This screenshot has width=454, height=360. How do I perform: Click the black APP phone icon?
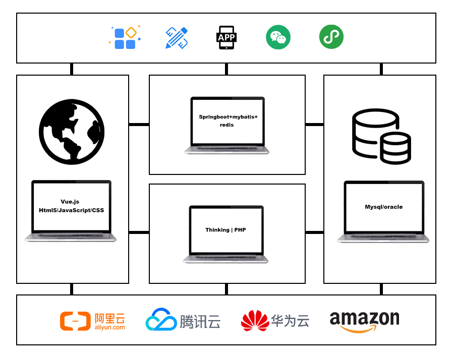(x=226, y=38)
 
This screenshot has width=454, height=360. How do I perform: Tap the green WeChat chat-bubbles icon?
(x=278, y=37)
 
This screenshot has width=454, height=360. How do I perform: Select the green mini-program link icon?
(x=331, y=37)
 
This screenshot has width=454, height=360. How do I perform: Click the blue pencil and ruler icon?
(x=177, y=38)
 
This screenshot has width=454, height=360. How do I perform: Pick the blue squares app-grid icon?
(x=125, y=37)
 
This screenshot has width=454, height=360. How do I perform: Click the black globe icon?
(x=72, y=132)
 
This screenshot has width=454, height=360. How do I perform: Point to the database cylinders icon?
(x=381, y=137)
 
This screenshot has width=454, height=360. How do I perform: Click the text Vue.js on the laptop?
(x=70, y=202)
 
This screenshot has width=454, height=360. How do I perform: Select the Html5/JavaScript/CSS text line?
(x=71, y=210)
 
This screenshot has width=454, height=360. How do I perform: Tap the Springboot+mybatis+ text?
(x=228, y=117)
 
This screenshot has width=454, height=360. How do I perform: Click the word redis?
(x=226, y=125)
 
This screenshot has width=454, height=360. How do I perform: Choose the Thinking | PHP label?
(x=225, y=230)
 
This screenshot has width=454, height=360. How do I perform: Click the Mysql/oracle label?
(x=384, y=207)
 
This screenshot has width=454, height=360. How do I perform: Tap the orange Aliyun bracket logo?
(x=75, y=321)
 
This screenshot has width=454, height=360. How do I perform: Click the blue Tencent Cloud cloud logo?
(x=161, y=319)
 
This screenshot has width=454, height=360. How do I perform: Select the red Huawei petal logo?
(x=255, y=321)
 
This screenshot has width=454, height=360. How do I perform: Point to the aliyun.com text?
(x=110, y=327)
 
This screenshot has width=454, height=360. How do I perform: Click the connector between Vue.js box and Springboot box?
(x=139, y=125)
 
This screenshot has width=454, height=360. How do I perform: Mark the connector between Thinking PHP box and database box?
(x=314, y=232)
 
